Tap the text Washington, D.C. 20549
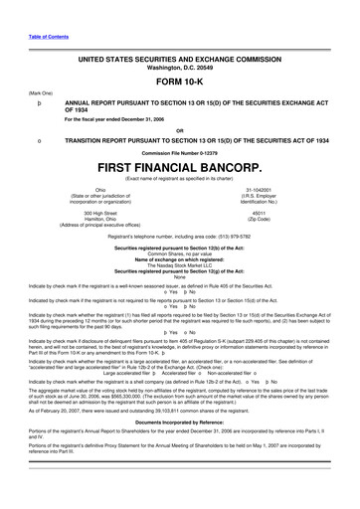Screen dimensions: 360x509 (180, 70)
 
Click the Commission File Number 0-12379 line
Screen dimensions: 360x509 (180, 151)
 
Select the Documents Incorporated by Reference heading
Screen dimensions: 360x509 (180, 422)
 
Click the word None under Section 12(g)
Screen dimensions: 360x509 (180, 279)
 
